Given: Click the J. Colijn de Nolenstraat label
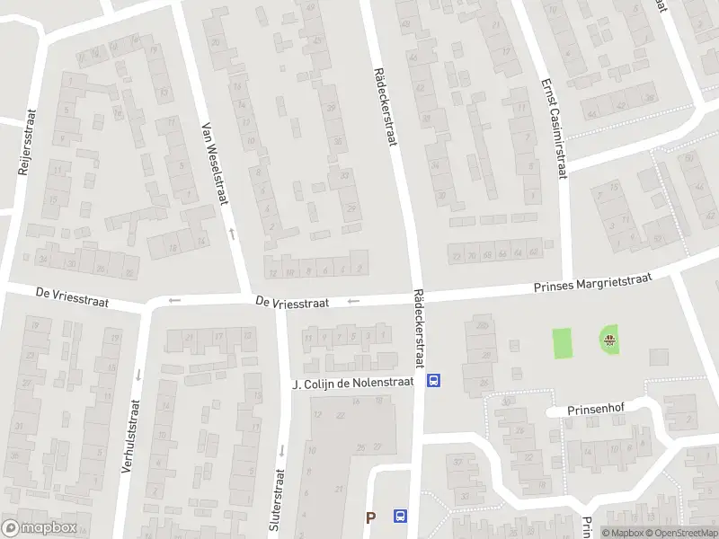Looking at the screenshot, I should [x=353, y=384].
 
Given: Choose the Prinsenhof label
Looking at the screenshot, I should [x=595, y=409].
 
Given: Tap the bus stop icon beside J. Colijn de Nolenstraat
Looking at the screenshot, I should [x=434, y=381].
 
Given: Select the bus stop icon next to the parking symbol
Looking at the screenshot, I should [x=400, y=517].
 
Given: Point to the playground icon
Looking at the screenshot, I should [x=610, y=340].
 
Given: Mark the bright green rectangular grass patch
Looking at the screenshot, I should [x=562, y=342].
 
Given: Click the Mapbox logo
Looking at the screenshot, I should [x=39, y=528].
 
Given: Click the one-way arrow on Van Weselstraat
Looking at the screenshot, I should [x=232, y=234].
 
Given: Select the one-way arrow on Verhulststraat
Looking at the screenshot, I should [x=138, y=375].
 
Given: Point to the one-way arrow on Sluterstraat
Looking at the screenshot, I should [x=280, y=449].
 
